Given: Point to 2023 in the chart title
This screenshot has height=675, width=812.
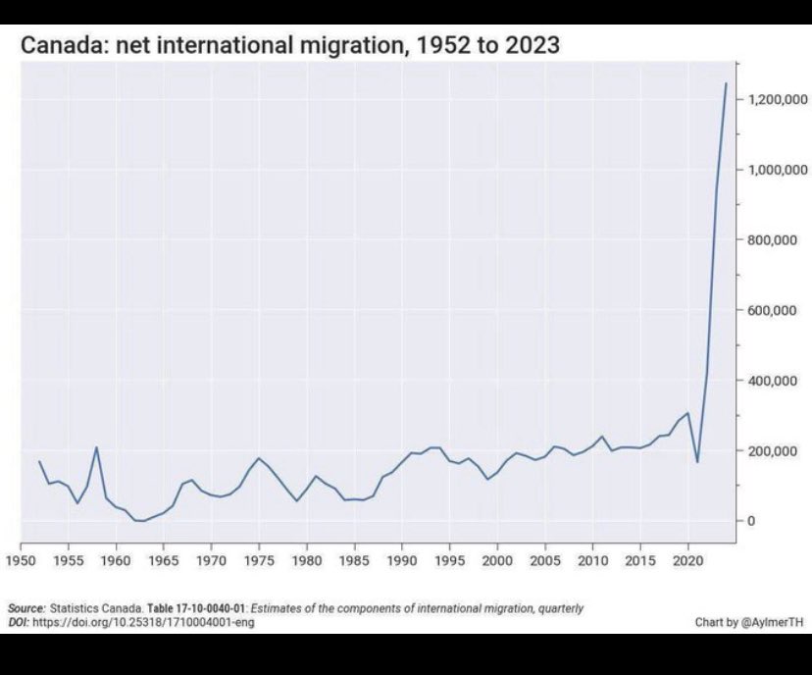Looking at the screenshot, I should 533,46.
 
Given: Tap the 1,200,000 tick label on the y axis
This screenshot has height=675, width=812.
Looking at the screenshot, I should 777,100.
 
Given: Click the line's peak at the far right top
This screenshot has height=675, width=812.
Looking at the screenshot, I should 726,84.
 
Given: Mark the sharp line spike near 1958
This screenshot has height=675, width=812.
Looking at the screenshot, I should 96,448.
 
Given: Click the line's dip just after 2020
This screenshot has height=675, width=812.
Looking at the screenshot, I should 697,461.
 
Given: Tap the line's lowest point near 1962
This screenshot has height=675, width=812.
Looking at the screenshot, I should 139,521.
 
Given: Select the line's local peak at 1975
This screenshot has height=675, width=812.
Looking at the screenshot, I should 259,458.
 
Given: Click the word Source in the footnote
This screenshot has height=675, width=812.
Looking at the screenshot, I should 26,608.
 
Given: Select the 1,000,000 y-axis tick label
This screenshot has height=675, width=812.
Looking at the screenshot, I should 777,170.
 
